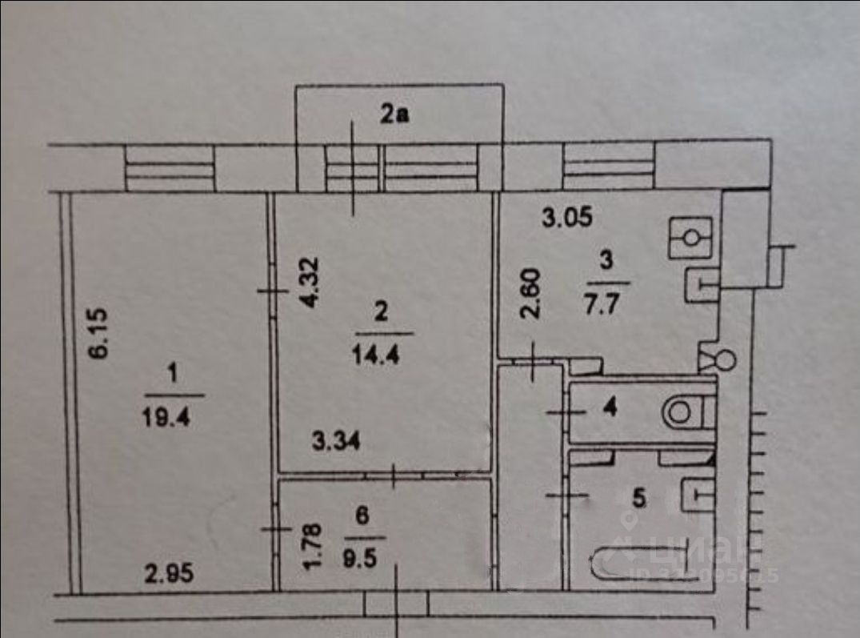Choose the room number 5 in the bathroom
click(638, 499)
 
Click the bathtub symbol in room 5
click(638, 562)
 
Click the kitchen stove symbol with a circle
click(690, 238)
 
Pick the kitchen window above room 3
click(610, 167)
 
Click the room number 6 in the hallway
click(363, 516)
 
